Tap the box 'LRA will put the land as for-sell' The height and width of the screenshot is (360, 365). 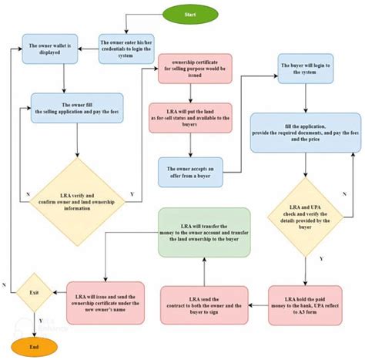(193, 117)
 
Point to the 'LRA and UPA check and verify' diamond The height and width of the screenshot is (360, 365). (306, 205)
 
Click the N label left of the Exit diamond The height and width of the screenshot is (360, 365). (6, 284)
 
